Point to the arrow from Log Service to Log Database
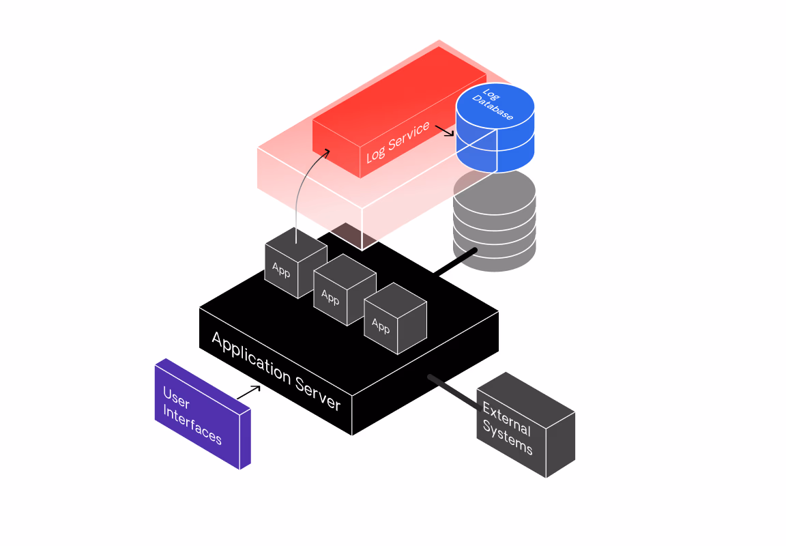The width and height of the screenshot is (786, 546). click(x=444, y=130)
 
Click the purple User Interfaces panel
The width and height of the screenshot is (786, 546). click(x=201, y=413)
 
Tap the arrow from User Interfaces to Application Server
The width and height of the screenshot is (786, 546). click(x=249, y=392)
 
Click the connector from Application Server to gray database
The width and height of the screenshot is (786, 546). click(x=454, y=263)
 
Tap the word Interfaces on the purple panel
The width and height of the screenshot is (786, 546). click(x=192, y=426)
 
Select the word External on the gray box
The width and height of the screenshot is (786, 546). click(x=506, y=418)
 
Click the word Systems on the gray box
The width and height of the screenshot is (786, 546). click(x=508, y=437)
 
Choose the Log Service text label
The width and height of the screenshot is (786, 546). click(x=398, y=143)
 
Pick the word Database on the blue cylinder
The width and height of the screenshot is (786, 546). click(x=493, y=108)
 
